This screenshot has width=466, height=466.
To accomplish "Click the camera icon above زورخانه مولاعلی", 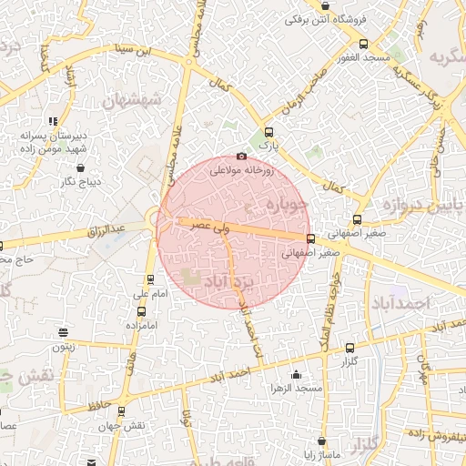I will click(x=241, y=156).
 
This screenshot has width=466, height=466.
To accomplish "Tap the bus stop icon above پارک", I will click(x=267, y=131).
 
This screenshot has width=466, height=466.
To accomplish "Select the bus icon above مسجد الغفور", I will click(x=364, y=44).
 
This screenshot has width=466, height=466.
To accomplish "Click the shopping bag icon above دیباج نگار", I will click(x=82, y=168).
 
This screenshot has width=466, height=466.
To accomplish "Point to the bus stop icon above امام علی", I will click(x=150, y=279).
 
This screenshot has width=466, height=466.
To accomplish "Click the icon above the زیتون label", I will click(x=62, y=332).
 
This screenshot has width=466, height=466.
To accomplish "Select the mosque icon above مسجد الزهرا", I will click(x=296, y=374).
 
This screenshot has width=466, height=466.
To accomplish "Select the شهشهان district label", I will click(x=135, y=99).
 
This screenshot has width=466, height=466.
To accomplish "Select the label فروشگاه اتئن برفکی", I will click(x=324, y=17).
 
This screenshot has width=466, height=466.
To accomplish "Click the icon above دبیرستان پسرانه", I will click(x=53, y=121).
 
